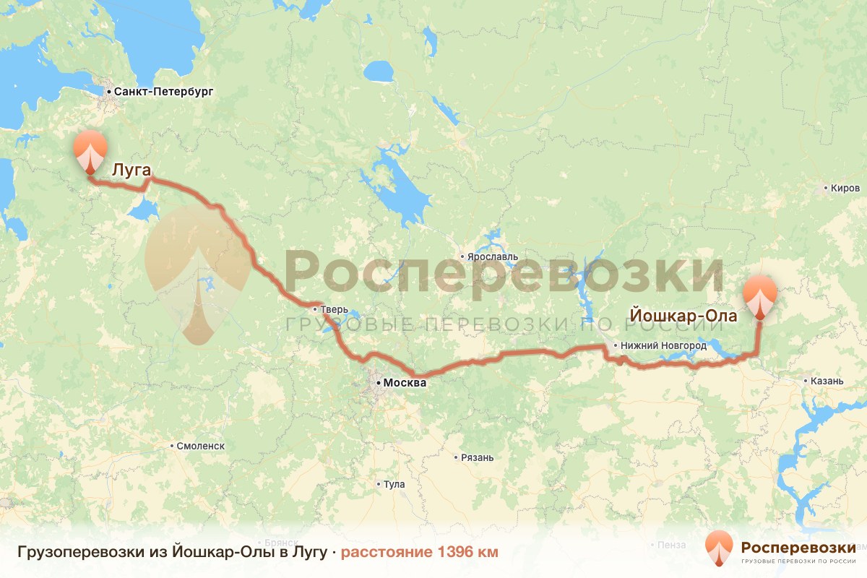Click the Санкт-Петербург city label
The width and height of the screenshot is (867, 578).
coord(160,92)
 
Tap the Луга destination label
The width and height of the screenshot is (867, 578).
coord(131,171)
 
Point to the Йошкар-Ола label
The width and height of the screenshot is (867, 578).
coord(683,316)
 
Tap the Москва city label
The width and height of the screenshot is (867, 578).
coord(405,383)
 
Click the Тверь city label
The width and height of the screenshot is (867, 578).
coord(335,310)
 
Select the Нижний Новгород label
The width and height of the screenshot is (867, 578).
coord(663,346)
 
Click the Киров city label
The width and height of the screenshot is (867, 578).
coord(845,189)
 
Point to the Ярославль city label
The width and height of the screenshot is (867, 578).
coord(493,256)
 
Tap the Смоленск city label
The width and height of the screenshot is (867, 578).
coord(200,446)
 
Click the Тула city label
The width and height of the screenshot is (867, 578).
coord(394,484)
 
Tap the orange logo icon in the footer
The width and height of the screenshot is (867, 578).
coord(719,550)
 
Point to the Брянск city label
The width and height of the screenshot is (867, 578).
coord(281,542)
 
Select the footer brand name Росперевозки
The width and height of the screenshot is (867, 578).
coord(798,546)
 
